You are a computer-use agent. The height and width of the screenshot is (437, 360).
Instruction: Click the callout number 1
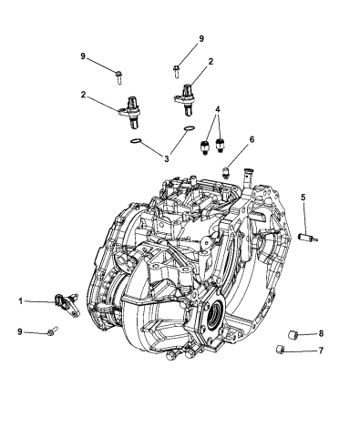pos(20,301)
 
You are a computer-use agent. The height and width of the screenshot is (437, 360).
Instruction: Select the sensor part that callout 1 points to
pos(67,303)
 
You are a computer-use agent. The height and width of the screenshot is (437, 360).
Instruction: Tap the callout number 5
pos(303,198)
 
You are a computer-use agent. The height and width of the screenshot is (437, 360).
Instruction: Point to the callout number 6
pos(252,139)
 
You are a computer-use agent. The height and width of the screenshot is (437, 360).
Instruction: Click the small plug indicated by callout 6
pos(226,173)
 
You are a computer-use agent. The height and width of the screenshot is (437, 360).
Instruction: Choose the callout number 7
pos(321,351)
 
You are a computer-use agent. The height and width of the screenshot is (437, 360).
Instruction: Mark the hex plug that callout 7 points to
pos(280,350)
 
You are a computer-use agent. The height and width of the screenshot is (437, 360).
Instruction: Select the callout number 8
pos(321,333)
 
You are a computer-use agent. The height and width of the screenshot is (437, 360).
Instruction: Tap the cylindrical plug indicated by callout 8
pos(293,335)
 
